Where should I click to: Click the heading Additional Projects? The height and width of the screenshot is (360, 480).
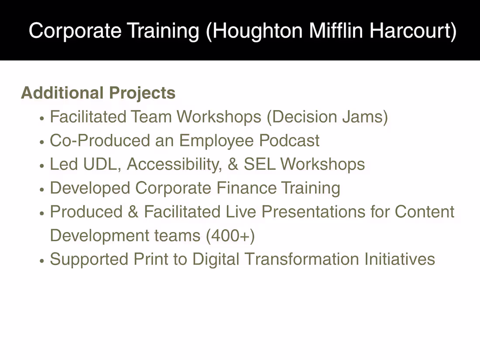(x=98, y=93)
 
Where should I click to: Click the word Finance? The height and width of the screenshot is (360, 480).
(x=246, y=188)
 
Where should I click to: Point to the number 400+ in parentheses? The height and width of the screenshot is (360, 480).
(x=230, y=236)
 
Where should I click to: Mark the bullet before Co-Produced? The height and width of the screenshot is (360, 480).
(x=42, y=142)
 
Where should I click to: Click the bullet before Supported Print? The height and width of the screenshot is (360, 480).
(x=42, y=261)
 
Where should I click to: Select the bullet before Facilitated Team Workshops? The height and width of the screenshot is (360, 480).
(x=42, y=118)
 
